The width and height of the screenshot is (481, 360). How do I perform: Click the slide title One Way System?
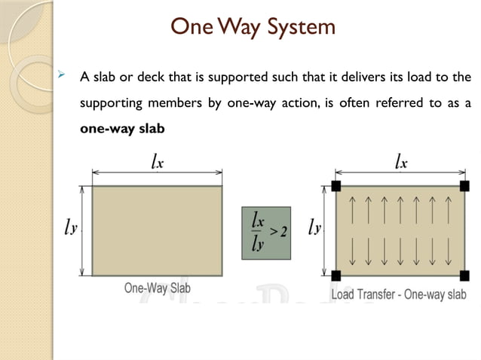pos(253,29)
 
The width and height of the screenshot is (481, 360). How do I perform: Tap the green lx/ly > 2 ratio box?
pos(266,233)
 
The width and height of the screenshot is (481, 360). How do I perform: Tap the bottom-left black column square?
pos(336,274)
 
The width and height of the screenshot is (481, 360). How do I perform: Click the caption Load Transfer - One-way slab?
pos(400,294)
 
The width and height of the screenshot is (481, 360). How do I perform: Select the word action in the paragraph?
pos(298,102)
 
